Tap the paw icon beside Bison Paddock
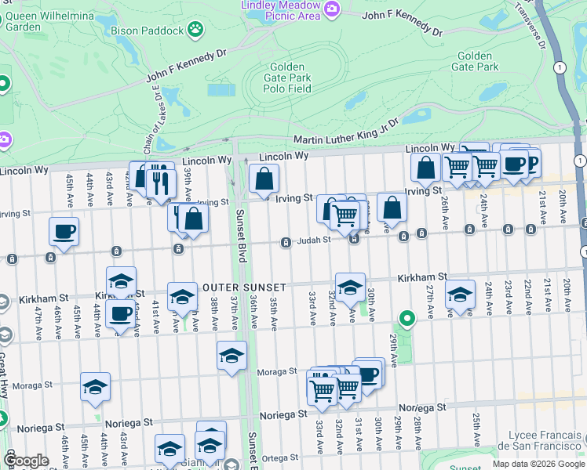point(195,31)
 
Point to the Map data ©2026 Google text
point(538,464)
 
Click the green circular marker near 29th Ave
point(406,318)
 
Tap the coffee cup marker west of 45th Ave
point(64,232)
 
